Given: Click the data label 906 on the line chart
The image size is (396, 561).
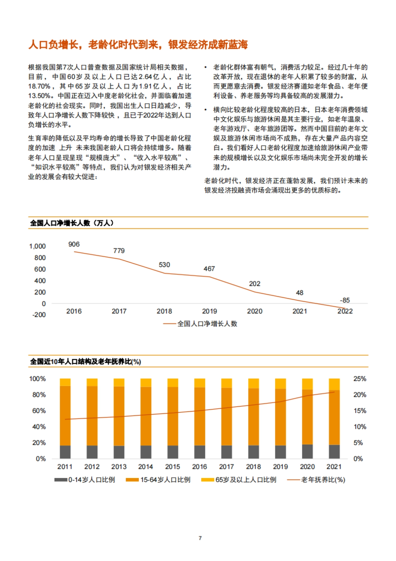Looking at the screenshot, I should [x=74, y=244].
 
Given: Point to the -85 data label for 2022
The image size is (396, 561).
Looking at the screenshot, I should [x=345, y=300].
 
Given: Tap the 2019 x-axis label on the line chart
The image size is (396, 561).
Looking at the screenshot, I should [x=210, y=311].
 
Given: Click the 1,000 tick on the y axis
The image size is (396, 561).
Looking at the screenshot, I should [x=37, y=246].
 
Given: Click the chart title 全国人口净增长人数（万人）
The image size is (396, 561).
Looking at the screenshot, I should [x=72, y=223].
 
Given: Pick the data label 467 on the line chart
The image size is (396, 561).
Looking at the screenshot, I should [x=209, y=269].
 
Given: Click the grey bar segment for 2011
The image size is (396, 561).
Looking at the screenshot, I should [x=65, y=452].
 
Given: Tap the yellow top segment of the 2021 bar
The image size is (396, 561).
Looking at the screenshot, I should [x=334, y=384].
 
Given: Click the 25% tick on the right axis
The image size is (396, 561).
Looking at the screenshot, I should [x=360, y=379].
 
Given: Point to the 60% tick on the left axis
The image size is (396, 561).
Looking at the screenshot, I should [x=39, y=411].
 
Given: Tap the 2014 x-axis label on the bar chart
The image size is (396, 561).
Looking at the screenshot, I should [x=146, y=467].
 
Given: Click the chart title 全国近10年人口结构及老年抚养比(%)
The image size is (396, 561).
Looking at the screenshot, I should [x=85, y=362].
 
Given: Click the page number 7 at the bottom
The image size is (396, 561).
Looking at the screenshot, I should [x=200, y=538].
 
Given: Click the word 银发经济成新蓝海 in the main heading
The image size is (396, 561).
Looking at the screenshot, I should [x=208, y=44].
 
